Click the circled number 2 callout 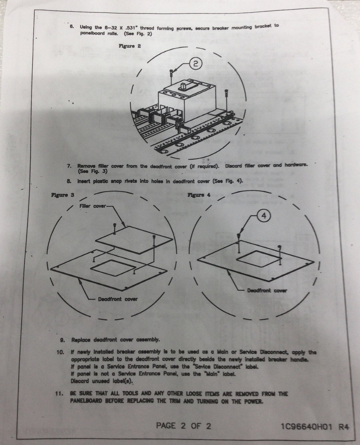[195, 64]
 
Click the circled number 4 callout [264, 215]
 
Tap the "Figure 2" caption [130, 46]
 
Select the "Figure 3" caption [63, 195]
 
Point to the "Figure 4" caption [199, 195]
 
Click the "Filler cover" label [93, 206]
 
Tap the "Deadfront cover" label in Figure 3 [118, 299]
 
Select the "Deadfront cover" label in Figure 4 [267, 290]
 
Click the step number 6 [72, 27]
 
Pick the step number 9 [62, 340]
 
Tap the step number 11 [59, 394]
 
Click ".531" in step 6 [131, 28]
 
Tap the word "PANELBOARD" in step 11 [86, 401]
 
